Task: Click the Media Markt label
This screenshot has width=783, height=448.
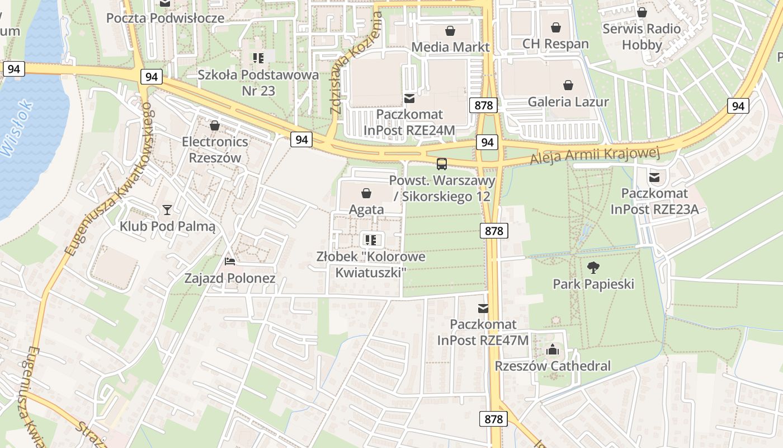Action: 450,47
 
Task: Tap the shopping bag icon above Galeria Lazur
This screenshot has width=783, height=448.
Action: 568,85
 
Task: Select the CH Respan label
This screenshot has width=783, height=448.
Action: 555,44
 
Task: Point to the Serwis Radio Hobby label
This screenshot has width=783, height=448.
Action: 642,36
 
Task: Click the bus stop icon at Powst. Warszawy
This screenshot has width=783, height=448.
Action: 442,164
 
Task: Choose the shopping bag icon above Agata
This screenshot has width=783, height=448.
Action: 366,193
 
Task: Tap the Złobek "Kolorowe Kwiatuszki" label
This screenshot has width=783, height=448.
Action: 371,264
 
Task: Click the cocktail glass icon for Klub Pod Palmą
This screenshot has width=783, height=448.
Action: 167,210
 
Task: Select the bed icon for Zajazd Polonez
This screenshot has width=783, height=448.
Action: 230,261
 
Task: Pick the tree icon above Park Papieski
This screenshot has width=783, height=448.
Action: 593,268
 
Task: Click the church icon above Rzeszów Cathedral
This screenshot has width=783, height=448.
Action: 553,350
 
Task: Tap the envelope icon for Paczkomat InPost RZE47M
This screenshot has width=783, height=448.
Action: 483,308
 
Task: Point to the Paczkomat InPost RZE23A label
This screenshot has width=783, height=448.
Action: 654,202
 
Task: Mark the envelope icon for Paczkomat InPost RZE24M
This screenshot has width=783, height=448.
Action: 409,99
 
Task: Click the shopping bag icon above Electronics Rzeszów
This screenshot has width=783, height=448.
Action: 215,125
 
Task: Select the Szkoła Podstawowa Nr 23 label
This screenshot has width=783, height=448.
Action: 258,82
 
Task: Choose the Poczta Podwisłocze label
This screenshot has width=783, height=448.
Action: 166,18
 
